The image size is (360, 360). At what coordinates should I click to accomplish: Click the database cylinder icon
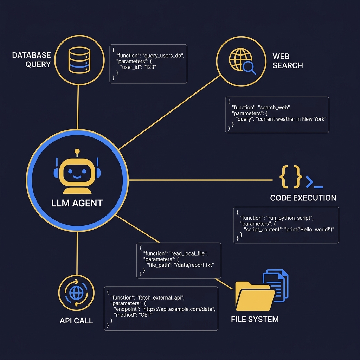[79, 60]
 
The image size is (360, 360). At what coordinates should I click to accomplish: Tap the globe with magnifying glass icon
[242, 61]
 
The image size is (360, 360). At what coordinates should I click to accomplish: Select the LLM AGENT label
[77, 203]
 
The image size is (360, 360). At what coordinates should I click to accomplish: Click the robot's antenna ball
[77, 152]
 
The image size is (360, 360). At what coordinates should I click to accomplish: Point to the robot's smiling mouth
[77, 177]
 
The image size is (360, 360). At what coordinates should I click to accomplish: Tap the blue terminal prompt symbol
[314, 182]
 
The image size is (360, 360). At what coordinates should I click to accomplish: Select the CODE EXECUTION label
[303, 198]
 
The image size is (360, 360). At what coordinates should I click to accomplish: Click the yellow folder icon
[255, 296]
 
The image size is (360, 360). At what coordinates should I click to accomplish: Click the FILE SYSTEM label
[255, 319]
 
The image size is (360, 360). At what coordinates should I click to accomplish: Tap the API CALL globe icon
[76, 293]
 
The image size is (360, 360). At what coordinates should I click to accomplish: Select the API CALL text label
[76, 321]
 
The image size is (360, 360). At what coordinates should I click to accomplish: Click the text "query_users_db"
[163, 56]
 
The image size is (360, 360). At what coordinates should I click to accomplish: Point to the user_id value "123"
[150, 67]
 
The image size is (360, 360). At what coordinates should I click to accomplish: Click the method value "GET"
[146, 315]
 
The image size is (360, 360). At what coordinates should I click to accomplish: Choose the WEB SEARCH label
[288, 61]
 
